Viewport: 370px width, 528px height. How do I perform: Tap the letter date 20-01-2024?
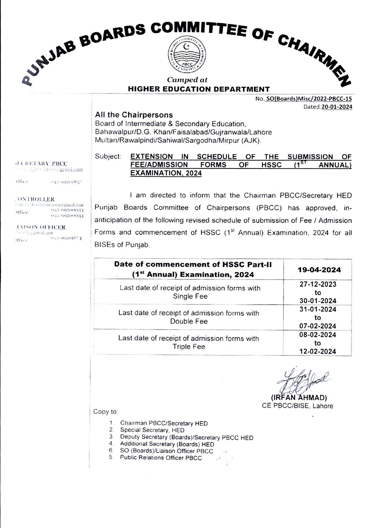pos(337,107)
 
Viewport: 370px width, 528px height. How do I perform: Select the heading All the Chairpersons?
pos(134,115)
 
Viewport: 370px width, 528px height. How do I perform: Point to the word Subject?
pos(108,156)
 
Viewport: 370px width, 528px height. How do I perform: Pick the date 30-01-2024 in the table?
pos(318,301)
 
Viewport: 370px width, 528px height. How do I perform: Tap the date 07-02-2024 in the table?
pos(318,326)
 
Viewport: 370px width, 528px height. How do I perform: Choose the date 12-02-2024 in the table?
pos(318,351)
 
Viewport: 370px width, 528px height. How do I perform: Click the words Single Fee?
pos(190,296)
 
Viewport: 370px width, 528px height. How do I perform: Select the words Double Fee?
pos(189,321)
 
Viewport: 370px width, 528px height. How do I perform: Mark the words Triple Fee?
pos(189,347)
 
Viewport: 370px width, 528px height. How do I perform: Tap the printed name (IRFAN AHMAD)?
pos(298,398)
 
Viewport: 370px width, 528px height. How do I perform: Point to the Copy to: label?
pos(106,412)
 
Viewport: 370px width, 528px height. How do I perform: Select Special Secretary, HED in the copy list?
pos(152,430)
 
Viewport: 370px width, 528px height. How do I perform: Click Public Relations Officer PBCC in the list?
pos(161,458)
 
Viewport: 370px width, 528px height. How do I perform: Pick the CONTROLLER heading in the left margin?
pos(35,199)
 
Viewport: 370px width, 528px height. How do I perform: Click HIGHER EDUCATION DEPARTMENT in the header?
pos(199,89)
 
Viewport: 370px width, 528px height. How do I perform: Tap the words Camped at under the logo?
pos(187,80)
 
